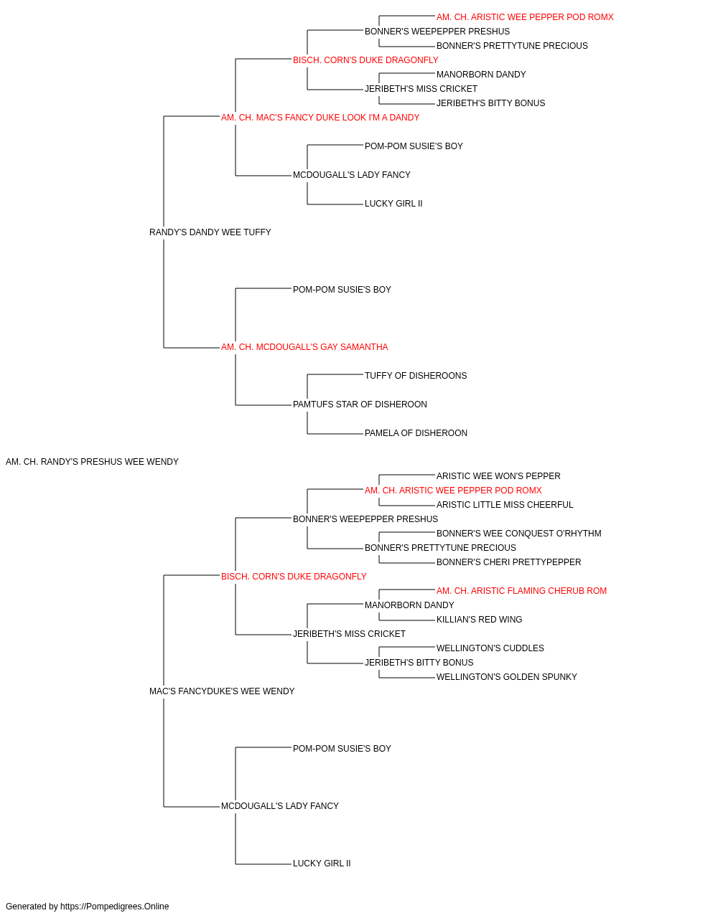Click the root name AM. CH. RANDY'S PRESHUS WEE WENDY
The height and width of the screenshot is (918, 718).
click(x=92, y=462)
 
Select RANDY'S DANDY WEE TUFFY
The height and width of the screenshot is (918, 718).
click(x=210, y=232)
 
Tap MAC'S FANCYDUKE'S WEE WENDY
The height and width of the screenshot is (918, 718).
click(x=222, y=691)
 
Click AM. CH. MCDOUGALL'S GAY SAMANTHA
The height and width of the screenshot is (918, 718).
click(x=304, y=347)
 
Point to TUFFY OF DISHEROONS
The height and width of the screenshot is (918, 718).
click(x=416, y=376)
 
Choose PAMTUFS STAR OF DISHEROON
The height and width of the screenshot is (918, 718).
click(x=360, y=404)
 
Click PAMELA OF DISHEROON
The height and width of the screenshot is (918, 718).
click(x=416, y=433)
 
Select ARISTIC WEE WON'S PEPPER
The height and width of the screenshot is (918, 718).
click(x=498, y=476)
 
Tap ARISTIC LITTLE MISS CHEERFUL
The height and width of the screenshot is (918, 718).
click(x=505, y=505)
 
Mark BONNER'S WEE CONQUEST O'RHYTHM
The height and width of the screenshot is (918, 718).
click(x=519, y=534)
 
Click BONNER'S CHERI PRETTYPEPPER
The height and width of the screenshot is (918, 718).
click(x=508, y=562)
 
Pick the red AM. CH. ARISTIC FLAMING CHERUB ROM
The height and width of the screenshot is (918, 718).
click(x=521, y=591)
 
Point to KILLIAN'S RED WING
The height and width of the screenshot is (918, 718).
click(x=479, y=620)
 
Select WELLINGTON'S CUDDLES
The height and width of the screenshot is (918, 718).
click(x=490, y=648)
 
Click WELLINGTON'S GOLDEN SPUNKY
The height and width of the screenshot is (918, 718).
click(x=507, y=677)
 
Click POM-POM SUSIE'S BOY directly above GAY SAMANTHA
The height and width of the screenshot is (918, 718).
click(x=342, y=290)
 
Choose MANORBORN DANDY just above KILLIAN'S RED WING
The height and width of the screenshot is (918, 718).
click(x=409, y=605)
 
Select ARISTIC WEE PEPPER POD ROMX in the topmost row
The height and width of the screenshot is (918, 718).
click(x=525, y=17)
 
